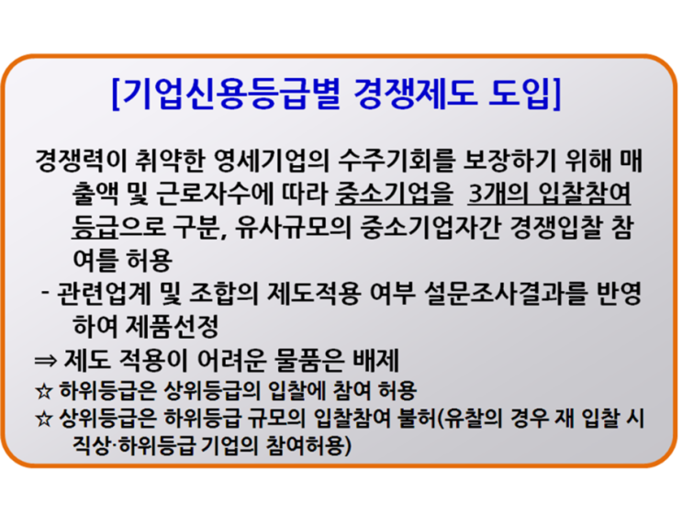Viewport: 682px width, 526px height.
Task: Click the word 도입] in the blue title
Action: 524,93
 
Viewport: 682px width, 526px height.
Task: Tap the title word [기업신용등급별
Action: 225,93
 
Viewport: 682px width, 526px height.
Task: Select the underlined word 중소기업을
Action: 394,194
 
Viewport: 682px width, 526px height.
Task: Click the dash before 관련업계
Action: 45,293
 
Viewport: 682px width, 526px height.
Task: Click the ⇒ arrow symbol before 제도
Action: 46,360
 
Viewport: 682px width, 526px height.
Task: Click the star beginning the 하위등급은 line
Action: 44,391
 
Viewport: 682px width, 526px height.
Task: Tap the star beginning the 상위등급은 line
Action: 44,419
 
